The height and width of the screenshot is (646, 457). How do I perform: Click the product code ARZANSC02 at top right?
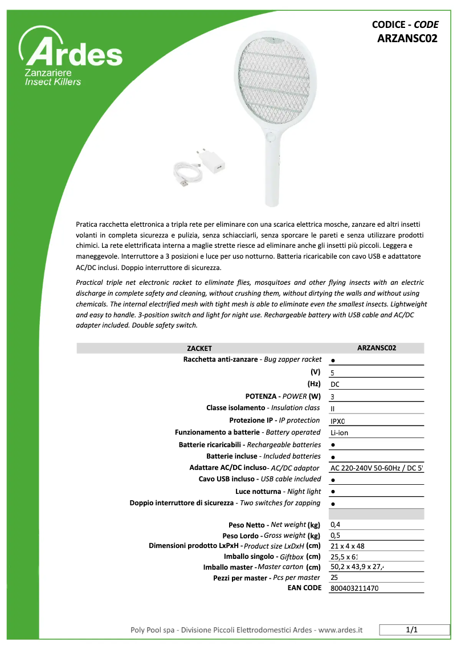coord(407,39)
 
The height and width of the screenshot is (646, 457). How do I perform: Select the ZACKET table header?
coord(199,348)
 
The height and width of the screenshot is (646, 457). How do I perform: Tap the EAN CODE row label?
coord(304,587)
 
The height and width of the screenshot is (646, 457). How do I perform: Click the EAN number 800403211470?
coord(354,588)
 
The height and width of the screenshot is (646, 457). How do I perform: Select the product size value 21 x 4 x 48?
coord(348,546)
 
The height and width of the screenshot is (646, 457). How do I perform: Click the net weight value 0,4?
coord(336,525)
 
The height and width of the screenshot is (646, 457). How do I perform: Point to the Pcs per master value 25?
coord(334,577)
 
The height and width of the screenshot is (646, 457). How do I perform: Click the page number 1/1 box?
coord(412,630)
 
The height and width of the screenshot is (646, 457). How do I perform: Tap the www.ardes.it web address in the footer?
coord(340,630)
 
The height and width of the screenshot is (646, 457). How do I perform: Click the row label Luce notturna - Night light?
coord(278,491)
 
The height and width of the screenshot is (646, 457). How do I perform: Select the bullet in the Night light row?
coord(332,492)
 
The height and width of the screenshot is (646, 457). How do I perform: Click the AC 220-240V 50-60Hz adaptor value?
coord(376,468)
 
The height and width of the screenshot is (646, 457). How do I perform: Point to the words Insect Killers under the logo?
coord(52,82)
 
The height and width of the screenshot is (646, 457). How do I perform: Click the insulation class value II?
coord(333,408)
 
